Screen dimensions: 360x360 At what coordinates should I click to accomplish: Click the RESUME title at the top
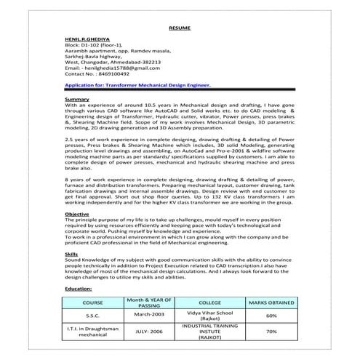tap(179, 27)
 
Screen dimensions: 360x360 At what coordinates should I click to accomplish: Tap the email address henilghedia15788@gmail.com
tap(113, 68)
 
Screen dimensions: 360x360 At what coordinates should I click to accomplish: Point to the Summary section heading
tap(77, 99)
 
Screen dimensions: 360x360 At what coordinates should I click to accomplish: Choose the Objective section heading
tap(77, 215)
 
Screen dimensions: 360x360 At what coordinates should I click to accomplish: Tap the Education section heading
tap(78, 288)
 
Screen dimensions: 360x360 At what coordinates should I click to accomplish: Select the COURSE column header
tap(93, 302)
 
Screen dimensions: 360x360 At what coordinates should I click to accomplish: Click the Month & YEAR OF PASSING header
tap(149, 302)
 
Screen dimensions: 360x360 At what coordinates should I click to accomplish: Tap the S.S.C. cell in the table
tap(93, 316)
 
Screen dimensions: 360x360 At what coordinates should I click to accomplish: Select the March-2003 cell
tap(149, 316)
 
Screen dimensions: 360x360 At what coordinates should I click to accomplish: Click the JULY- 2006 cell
tap(149, 332)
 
